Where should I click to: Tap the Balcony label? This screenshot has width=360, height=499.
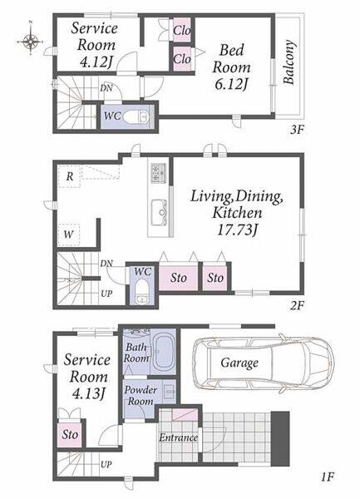[289, 62]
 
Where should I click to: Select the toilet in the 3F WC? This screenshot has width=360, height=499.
[136, 116]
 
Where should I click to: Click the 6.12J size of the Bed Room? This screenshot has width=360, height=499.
[231, 84]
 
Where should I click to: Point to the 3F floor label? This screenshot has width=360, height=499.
[297, 130]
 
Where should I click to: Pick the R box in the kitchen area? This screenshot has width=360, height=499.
[69, 176]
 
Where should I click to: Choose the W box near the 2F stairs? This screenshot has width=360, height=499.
[69, 235]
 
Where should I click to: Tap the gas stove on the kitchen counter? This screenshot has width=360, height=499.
[158, 173]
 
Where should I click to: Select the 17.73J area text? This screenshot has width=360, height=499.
[237, 230]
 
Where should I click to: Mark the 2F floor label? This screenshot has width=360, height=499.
[297, 306]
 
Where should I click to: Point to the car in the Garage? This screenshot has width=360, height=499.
[263, 363]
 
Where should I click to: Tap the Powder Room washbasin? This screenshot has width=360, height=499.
[169, 391]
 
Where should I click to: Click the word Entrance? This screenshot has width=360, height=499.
[178, 438]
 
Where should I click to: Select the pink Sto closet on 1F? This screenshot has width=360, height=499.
[70, 435]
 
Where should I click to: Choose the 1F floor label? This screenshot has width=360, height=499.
[327, 477]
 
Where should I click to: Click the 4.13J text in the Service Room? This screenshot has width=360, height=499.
[88, 394]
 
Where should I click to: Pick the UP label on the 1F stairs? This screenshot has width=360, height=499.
[106, 465]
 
